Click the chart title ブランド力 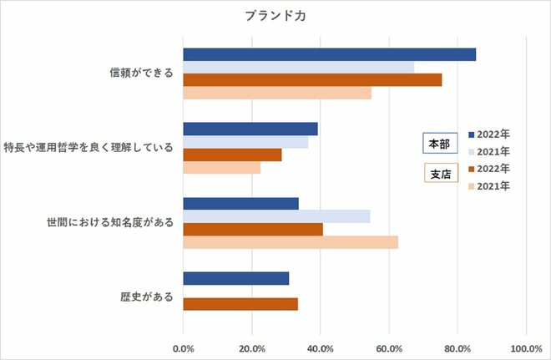coord(275,15)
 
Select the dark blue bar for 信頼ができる coord(329,54)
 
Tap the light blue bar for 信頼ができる coord(298,67)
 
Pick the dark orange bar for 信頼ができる coord(312,80)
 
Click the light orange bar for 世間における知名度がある coord(291,242)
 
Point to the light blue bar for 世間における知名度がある coord(276,216)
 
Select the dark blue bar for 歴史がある coord(236,278)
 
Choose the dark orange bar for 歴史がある coord(240,304)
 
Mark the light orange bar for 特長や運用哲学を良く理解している coord(221,168)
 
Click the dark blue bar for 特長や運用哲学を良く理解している coord(250,129)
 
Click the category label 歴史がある coord(147,297)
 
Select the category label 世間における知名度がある coord(111,222)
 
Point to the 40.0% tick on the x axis coord(320,348)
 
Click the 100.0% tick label coord(525,348)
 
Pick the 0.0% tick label coord(183,348)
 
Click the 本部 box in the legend coord(438,144)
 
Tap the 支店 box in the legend coord(438,175)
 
